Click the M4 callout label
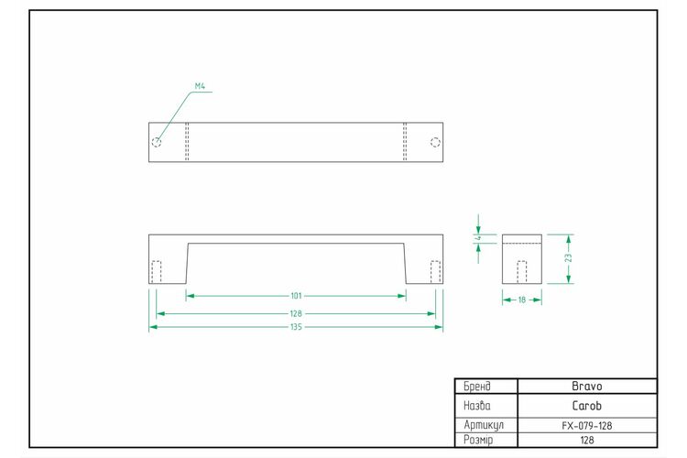pyautogui.click(x=200, y=86)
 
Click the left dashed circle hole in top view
pyautogui.click(x=157, y=142)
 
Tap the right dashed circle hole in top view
pyautogui.click(x=435, y=142)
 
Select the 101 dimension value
pyautogui.click(x=296, y=296)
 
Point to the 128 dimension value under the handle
pyautogui.click(x=296, y=313)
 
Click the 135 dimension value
pyautogui.click(x=296, y=327)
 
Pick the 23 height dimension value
pyautogui.click(x=568, y=258)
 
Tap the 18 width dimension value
pyautogui.click(x=522, y=300)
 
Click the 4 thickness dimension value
pyautogui.click(x=478, y=238)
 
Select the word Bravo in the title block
pyautogui.click(x=587, y=387)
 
